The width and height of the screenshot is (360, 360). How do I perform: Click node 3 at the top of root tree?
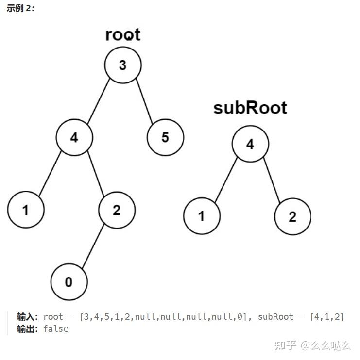coord(123,65)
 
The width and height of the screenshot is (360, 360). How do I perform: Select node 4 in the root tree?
coord(74,138)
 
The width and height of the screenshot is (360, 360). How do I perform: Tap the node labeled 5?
coord(165,138)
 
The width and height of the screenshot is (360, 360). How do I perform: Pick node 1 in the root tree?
coord(26,210)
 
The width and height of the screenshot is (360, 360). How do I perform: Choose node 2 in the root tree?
coord(117,210)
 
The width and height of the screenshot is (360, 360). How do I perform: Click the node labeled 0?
coord(69,282)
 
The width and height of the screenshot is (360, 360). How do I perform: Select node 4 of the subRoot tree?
coord(250,145)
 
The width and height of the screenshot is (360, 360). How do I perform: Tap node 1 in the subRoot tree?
coord(202,216)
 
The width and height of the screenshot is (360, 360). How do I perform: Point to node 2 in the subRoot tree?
coord(292,216)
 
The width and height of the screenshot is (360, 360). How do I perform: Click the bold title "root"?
coord(123,35)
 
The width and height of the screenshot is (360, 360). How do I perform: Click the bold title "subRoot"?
coord(250,108)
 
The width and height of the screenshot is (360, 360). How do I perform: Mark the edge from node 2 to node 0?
coord(92,246)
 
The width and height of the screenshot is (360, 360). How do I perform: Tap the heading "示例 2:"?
coord(20,9)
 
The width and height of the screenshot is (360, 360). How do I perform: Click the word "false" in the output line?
coord(56,329)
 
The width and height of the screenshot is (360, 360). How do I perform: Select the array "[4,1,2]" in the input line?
coord(327,317)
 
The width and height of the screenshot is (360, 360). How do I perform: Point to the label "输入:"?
coord(27,317)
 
